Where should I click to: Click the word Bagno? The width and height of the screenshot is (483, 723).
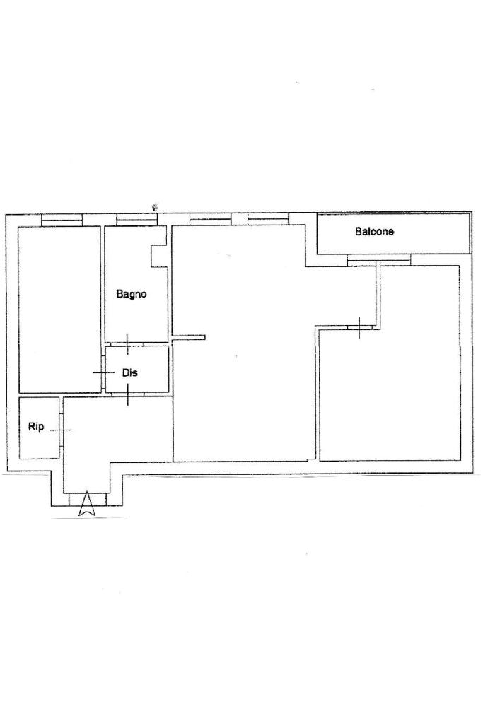point(132,294)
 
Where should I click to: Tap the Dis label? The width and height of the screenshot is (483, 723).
point(129,372)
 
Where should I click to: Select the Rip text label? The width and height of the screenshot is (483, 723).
point(36,427)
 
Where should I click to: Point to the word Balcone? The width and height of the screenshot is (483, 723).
point(374,232)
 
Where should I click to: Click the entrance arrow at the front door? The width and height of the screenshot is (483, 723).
point(87,504)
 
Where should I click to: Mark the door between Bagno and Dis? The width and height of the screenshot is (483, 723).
point(127,343)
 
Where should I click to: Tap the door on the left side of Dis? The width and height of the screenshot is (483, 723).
point(103,372)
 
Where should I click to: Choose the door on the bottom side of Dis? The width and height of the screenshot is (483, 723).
point(128,394)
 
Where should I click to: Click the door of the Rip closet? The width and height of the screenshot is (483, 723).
point(61,430)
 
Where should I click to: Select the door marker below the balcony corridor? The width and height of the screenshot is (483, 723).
point(359,327)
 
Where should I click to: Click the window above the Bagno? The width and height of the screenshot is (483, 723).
point(134,220)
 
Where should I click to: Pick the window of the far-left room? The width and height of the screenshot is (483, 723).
point(62,220)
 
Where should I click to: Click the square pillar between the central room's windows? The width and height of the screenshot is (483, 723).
point(239,219)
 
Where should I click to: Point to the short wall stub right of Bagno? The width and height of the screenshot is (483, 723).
point(188,337)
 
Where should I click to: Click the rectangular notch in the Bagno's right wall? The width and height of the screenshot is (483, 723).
point(159,255)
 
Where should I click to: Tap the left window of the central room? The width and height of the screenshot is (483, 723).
point(210,220)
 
